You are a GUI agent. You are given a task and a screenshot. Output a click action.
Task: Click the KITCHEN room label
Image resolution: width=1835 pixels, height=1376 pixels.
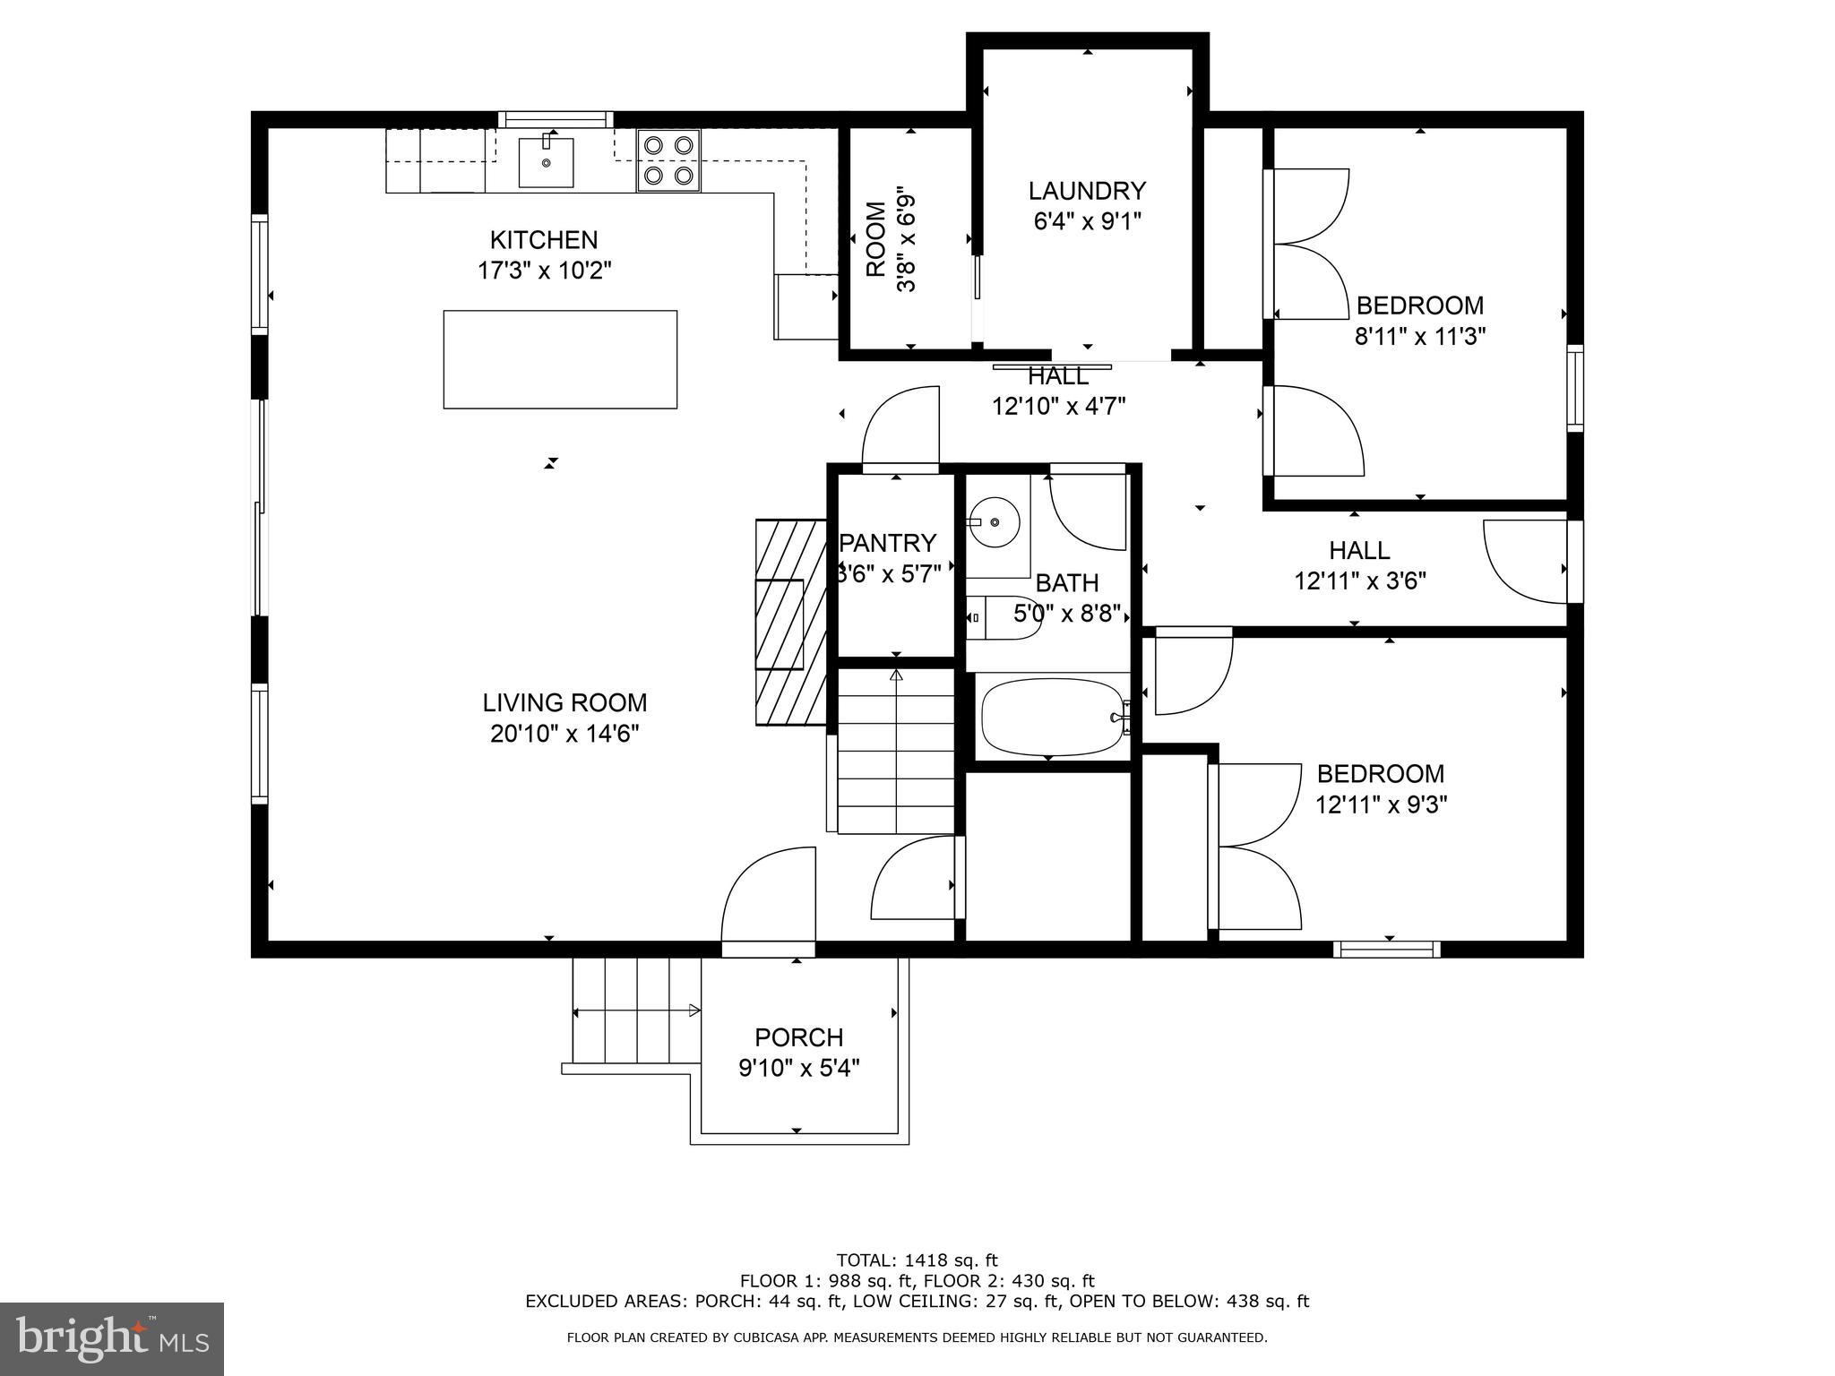543,240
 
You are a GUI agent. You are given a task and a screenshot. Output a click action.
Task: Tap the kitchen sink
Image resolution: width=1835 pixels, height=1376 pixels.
546,162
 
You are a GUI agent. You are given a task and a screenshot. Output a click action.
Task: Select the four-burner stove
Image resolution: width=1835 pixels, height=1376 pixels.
668,159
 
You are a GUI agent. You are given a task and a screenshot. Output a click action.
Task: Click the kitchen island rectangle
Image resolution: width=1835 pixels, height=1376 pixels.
560,359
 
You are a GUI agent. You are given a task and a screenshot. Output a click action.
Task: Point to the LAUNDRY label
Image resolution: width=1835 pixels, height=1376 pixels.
1086,191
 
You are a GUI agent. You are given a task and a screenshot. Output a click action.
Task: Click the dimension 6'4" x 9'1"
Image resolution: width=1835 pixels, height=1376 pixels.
1086,221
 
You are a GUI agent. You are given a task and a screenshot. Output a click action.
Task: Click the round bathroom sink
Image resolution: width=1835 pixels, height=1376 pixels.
994,521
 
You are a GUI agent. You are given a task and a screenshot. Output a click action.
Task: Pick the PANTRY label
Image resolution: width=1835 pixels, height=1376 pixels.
889,543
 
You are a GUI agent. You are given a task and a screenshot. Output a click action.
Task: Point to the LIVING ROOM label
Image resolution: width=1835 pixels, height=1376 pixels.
564,702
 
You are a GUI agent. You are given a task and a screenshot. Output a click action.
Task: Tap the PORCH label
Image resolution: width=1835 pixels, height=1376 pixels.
798,1037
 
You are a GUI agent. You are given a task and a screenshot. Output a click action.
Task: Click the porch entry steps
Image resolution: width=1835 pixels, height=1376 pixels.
635,1010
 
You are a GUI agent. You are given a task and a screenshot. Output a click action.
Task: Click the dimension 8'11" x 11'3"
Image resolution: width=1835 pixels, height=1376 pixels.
1420,337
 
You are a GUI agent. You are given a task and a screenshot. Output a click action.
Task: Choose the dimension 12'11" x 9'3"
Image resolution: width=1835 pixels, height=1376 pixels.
1381,804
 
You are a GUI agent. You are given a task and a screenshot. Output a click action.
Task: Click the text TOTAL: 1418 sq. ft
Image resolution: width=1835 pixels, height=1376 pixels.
917,1260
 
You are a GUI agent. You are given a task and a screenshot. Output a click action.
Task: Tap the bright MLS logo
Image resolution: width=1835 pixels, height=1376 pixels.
112,1338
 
